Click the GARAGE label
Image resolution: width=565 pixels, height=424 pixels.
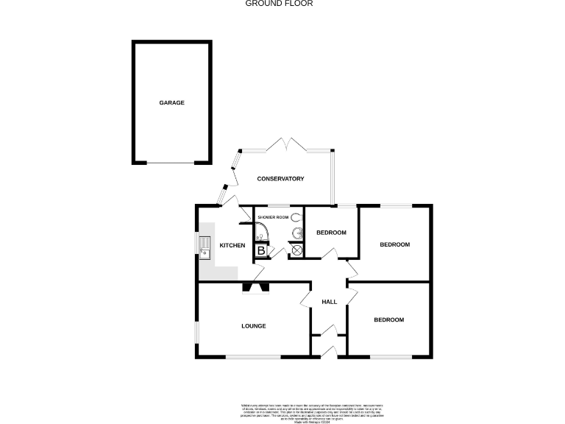point(171,102)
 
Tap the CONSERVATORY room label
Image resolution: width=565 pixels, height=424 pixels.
point(280,179)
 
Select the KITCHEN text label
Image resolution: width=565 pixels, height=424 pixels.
point(232,245)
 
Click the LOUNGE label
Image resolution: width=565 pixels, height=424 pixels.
point(254,325)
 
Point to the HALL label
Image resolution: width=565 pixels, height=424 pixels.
point(329,302)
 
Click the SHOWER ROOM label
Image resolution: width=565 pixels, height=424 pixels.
point(272,218)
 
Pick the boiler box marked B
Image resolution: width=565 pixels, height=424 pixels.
point(260,250)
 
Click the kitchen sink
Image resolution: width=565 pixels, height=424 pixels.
point(205,251)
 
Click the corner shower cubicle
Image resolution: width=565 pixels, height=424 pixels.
point(261,234)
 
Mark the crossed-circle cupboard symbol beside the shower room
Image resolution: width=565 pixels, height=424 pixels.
point(296,250)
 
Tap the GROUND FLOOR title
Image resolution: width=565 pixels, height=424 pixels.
point(279,4)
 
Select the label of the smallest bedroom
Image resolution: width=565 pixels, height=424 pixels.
point(331,233)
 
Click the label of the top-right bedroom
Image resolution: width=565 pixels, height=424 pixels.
point(394,244)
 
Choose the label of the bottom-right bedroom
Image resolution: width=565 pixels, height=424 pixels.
point(388,319)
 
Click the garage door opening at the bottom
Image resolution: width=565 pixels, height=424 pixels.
point(171,162)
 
